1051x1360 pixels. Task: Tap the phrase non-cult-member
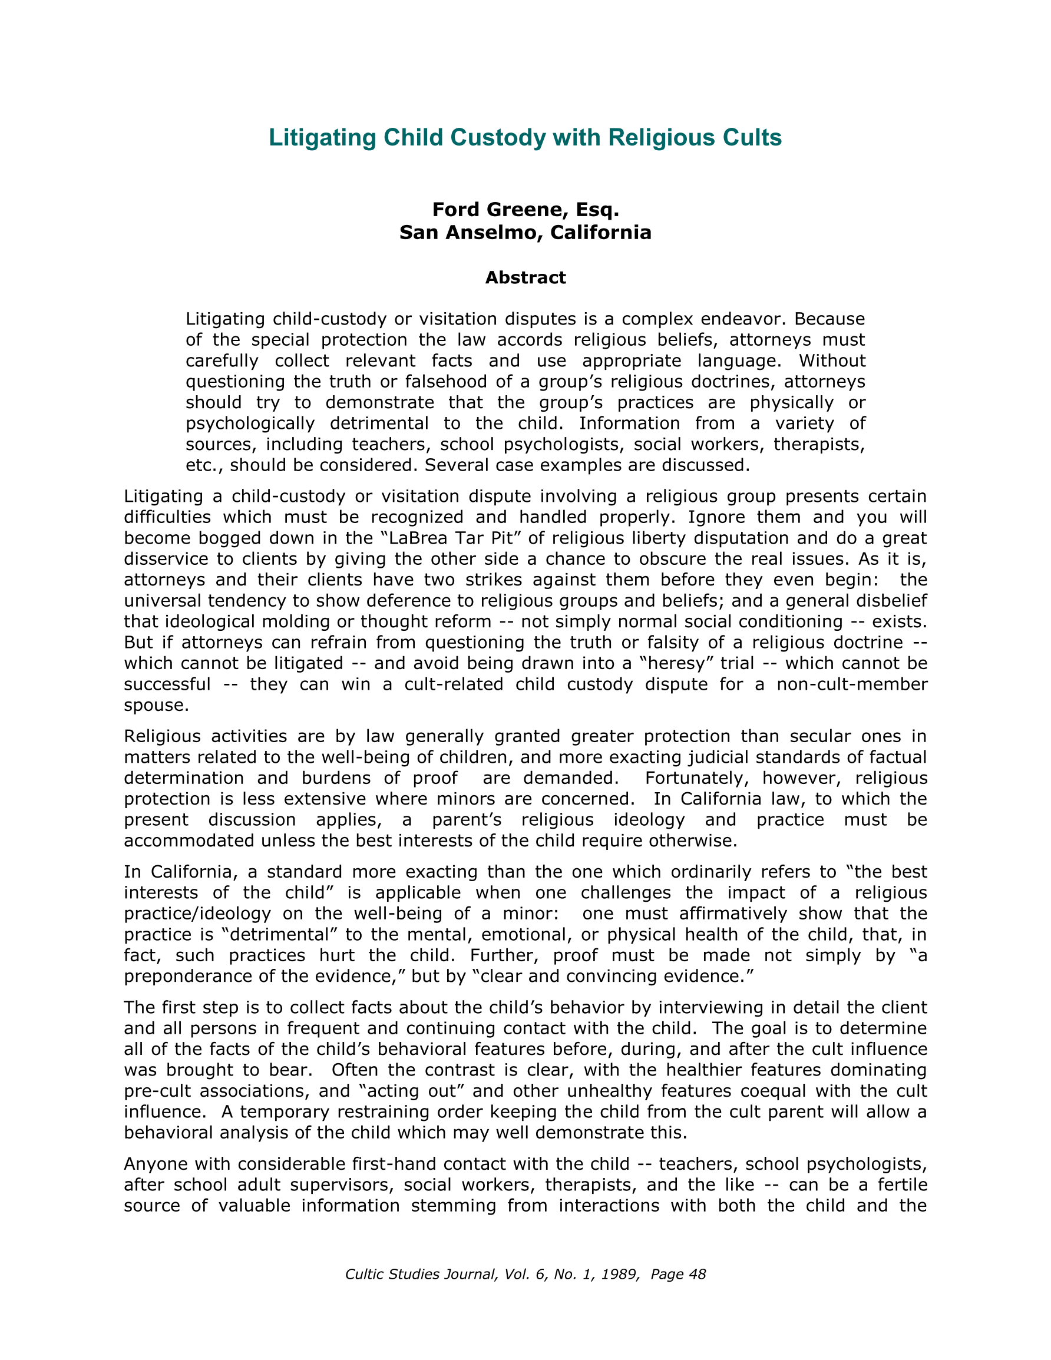pyautogui.click(x=852, y=684)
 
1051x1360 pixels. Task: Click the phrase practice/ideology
pyautogui.click(x=197, y=914)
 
